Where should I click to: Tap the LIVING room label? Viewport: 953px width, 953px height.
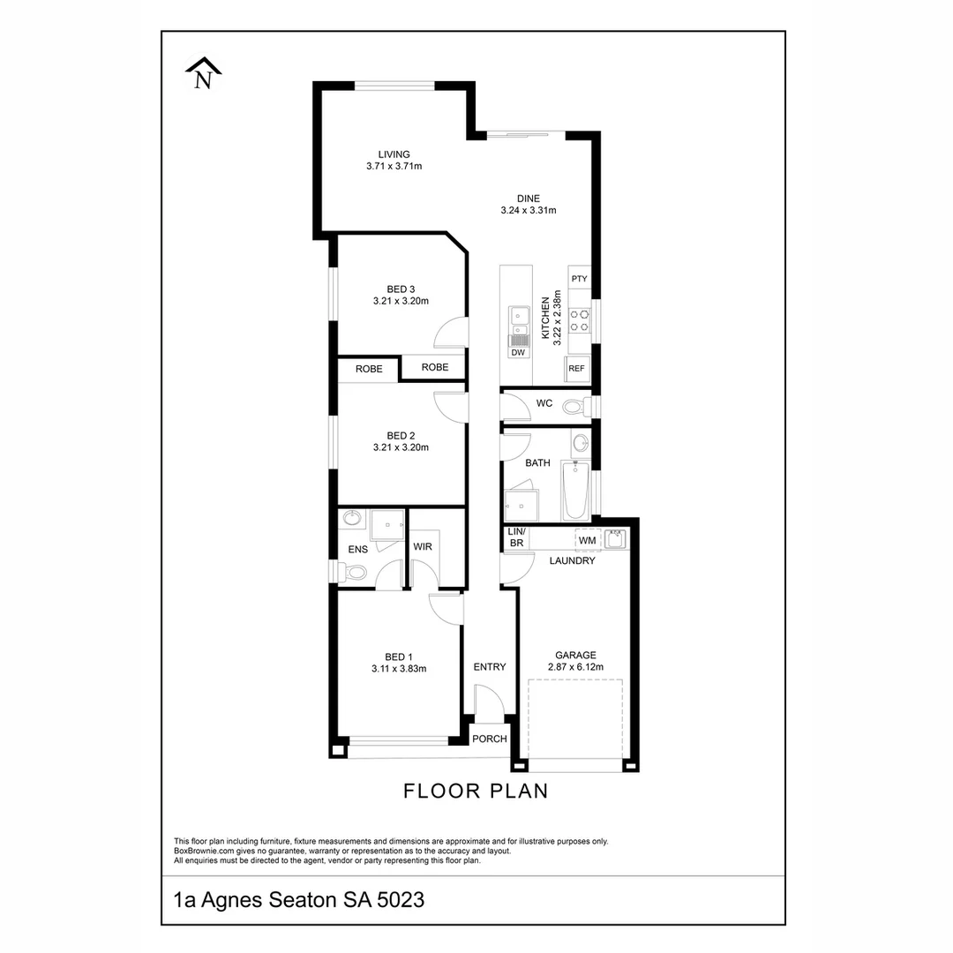point(394,154)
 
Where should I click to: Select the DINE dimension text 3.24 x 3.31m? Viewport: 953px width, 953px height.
point(528,211)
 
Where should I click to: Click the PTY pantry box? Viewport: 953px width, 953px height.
point(579,280)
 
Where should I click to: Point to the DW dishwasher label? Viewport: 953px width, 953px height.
point(518,353)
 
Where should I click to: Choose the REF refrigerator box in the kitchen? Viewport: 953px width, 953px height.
point(577,369)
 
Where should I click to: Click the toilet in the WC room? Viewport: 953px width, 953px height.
point(576,407)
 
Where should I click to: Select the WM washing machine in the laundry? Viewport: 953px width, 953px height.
point(588,539)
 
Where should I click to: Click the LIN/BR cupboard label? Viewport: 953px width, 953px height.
point(516,537)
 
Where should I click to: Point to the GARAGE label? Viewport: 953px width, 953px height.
point(575,656)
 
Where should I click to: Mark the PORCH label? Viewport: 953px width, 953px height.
point(490,739)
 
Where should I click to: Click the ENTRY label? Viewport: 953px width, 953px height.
point(490,667)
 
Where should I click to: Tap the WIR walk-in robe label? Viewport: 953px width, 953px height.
point(423,547)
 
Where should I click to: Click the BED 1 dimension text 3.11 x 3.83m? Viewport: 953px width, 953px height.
point(399,669)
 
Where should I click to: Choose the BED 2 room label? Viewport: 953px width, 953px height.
point(401,436)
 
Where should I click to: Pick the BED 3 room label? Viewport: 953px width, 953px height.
point(401,289)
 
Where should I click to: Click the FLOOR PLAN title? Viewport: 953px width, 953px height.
point(476,791)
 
